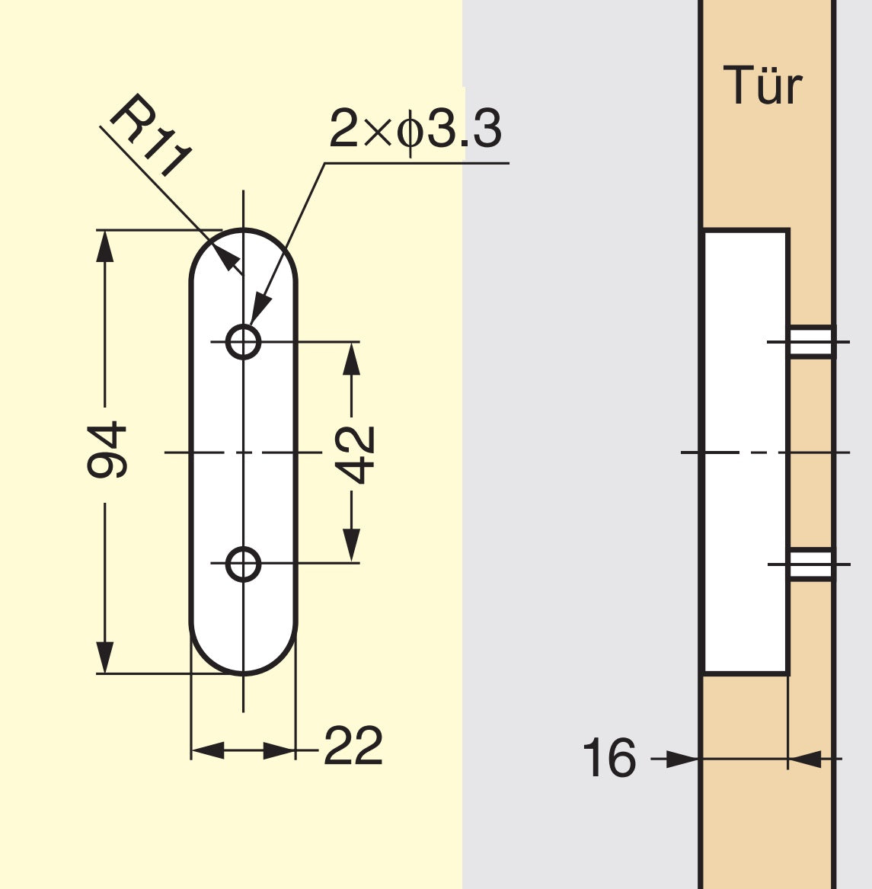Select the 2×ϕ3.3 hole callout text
click(x=416, y=129)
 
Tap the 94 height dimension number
click(x=107, y=451)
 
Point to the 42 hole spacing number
click(x=356, y=455)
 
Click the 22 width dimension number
click(x=353, y=747)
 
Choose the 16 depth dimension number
click(x=608, y=759)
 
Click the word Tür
click(x=762, y=86)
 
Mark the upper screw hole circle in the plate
click(x=244, y=341)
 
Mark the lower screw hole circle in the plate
click(x=244, y=564)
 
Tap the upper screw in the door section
click(x=812, y=341)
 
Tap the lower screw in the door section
click(x=812, y=564)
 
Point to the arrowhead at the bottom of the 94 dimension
click(x=104, y=657)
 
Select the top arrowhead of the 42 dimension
click(x=351, y=358)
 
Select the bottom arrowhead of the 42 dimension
click(x=351, y=547)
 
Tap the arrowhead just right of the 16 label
click(x=682, y=759)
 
